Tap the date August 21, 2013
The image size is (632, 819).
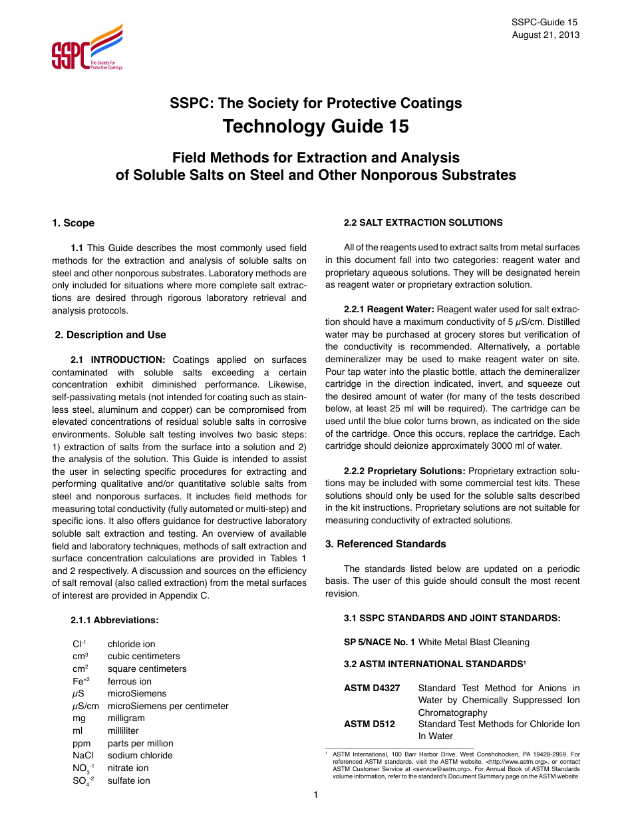[x=546, y=35]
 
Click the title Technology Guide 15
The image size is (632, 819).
[x=315, y=127]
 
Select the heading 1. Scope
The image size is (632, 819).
[x=73, y=223]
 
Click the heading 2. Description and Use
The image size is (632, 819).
[x=110, y=335]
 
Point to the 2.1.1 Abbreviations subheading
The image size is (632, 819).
[x=114, y=620]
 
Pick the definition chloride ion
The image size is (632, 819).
[x=131, y=644]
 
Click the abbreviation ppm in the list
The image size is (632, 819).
[x=82, y=743]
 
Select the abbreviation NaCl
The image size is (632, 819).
[x=84, y=755]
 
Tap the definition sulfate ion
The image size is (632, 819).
[x=128, y=780]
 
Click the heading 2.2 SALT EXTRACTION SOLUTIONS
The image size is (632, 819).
[x=423, y=222]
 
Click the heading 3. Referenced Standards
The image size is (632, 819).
[x=385, y=544]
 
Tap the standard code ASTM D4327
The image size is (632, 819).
[x=372, y=688]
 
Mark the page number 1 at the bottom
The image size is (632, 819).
[x=316, y=794]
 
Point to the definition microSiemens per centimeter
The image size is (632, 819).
[x=168, y=706]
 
